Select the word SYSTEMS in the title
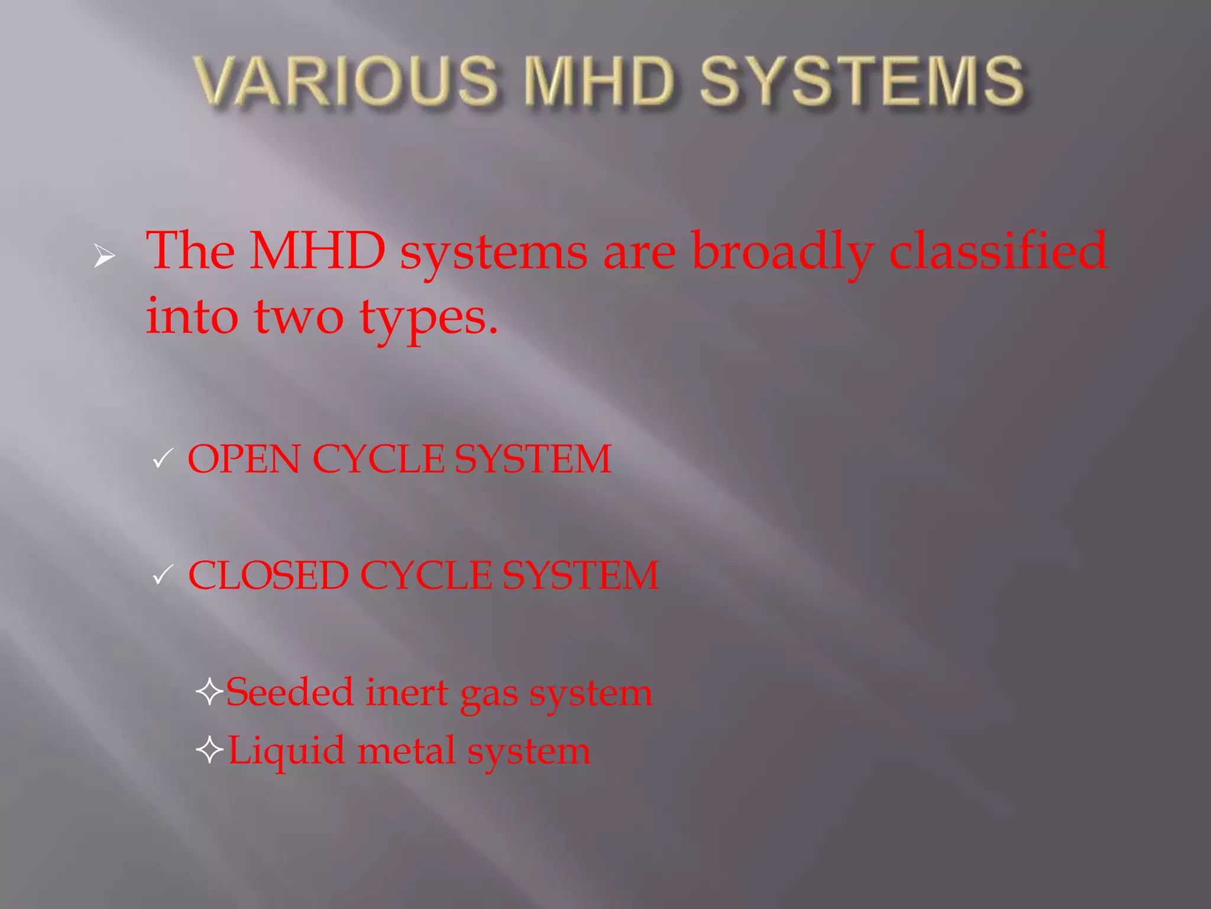(862, 81)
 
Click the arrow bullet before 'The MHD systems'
(105, 256)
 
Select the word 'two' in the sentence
(299, 317)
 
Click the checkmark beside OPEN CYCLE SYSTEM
(162, 459)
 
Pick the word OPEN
(244, 459)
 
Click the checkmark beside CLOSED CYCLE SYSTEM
(162, 575)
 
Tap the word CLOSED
(268, 575)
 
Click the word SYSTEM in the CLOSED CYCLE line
(581, 575)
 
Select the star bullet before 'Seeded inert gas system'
(209, 691)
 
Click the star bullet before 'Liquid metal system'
(209, 750)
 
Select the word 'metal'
(407, 750)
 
